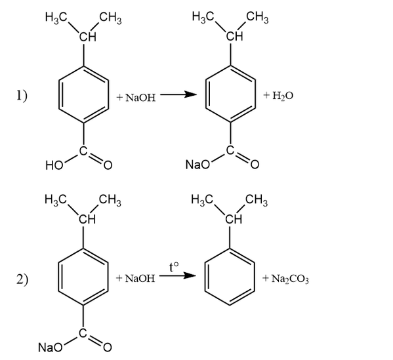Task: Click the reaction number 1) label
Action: [22, 96]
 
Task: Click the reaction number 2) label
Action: [22, 279]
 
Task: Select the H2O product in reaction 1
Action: [278, 96]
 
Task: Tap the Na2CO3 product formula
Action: [285, 279]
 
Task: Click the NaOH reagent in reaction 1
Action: [136, 97]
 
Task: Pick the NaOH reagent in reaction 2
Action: [136, 278]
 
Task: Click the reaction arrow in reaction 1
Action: [178, 94]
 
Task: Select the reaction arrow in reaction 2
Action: [177, 276]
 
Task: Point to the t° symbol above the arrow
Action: [175, 266]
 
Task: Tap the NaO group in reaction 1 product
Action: [197, 165]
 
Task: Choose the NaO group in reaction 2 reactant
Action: [50, 348]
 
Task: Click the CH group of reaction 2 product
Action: [234, 220]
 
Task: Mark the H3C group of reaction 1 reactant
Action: [56, 18]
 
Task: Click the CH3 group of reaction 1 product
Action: [257, 18]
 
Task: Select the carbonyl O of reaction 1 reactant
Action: [108, 165]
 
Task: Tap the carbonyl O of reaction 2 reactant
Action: [108, 348]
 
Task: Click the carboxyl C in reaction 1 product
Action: [230, 150]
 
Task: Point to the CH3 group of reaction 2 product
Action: [257, 201]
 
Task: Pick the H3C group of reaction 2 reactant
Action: [55, 201]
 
